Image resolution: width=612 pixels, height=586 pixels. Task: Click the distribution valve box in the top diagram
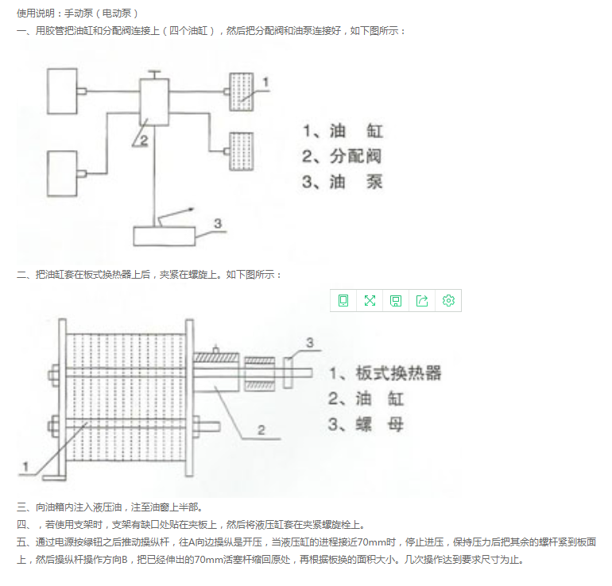pyautogui.click(x=154, y=102)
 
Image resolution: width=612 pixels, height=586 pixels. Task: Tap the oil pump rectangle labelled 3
pyautogui.click(x=164, y=237)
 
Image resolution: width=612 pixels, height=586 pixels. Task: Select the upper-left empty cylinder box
pyautogui.click(x=62, y=91)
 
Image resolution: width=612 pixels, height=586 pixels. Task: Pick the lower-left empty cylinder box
pyautogui.click(x=62, y=174)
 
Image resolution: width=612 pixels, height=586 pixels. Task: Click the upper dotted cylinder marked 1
pyautogui.click(x=241, y=92)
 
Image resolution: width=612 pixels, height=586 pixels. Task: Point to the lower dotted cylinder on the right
pyautogui.click(x=241, y=152)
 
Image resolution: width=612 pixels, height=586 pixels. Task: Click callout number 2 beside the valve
pyautogui.click(x=144, y=141)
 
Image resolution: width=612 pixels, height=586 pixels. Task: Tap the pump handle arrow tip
pyautogui.click(x=193, y=209)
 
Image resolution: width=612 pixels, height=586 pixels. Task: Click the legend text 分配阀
pyautogui.click(x=355, y=156)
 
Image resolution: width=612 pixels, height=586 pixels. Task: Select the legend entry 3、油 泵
pyautogui.click(x=343, y=182)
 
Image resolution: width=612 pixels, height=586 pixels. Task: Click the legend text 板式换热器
pyautogui.click(x=398, y=373)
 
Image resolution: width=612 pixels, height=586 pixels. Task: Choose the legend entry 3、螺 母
pyautogui.click(x=366, y=424)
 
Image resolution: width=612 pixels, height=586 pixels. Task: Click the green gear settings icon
pyautogui.click(x=448, y=301)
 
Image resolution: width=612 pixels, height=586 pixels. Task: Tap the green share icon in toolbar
pyautogui.click(x=422, y=301)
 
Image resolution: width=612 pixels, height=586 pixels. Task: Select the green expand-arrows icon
pyautogui.click(x=370, y=301)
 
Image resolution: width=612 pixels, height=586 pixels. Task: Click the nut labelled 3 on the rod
pyautogui.click(x=288, y=373)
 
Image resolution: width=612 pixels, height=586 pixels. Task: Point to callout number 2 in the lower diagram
pyautogui.click(x=261, y=430)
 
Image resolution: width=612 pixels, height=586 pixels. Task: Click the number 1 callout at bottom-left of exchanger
pyautogui.click(x=25, y=466)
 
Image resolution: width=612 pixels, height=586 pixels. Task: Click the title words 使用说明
pyautogui.click(x=36, y=13)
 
